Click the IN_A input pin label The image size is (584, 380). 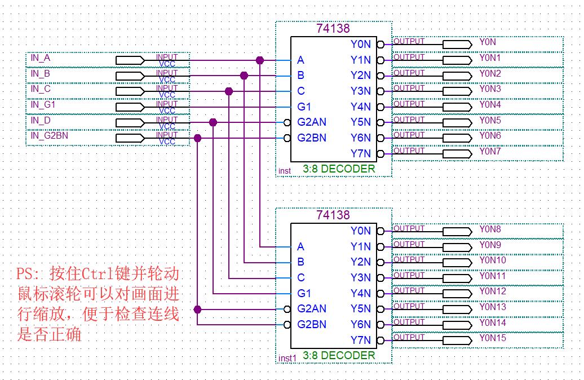coord(40,58)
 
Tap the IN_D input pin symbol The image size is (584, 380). coord(130,122)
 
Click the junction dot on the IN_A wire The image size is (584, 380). coord(260,60)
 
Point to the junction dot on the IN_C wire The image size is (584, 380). coord(229,91)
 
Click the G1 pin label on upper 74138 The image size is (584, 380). coord(304,107)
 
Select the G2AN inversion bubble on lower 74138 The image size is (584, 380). coord(287,309)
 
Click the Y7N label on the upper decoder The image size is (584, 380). coord(360,153)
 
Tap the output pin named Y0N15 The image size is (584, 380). coord(457,340)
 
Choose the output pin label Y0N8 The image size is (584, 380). coord(490,229)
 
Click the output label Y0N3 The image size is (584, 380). coord(490,89)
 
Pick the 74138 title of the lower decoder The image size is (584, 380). coord(333,215)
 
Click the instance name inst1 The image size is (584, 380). coord(287,359)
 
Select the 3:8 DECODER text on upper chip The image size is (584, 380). coord(338,169)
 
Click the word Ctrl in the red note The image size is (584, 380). coord(98,275)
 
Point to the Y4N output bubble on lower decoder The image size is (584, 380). coord(381,293)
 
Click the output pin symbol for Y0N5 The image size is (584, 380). coord(457,122)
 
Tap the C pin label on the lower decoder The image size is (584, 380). coord(301,277)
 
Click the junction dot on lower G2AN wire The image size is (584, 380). coord(197,309)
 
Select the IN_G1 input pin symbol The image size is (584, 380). coord(130,107)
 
